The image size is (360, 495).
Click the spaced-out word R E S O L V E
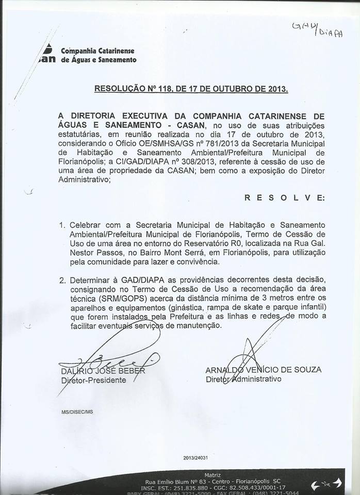pyautogui.click(x=284, y=197)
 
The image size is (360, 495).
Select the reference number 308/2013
pyautogui.click(x=175, y=161)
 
